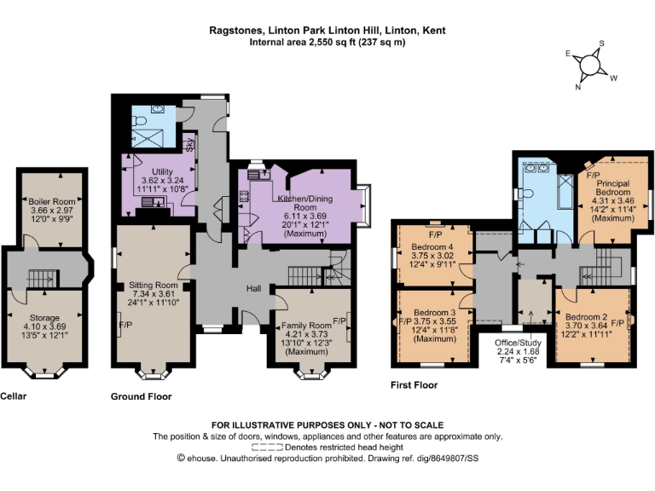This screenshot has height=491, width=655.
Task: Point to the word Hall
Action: pyautogui.click(x=254, y=288)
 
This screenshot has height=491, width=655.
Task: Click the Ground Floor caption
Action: pyautogui.click(x=142, y=396)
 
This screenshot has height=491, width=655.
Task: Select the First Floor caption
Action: pyautogui.click(x=414, y=385)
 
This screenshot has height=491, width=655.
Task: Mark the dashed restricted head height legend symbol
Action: pyautogui.click(x=267, y=447)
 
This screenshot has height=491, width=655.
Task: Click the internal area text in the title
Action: pyautogui.click(x=327, y=42)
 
